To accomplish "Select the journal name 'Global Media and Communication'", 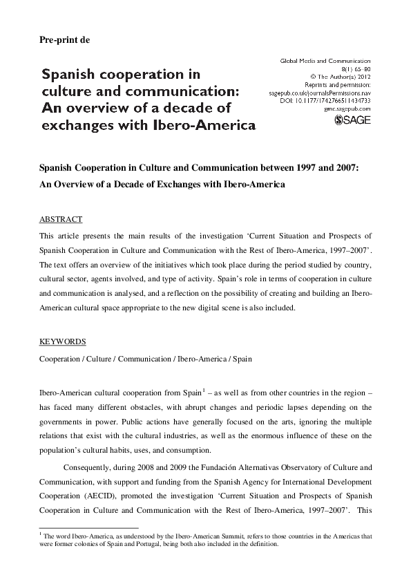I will click(x=325, y=61).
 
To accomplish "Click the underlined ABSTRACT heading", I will click(x=60, y=219).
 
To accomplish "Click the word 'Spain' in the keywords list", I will click(x=242, y=359).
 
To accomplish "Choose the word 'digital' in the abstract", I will click(x=244, y=309).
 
